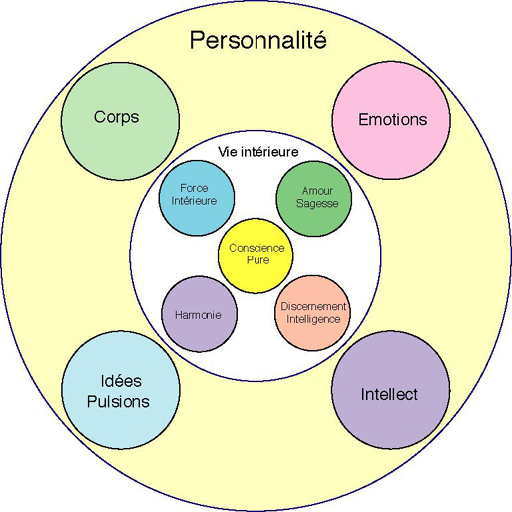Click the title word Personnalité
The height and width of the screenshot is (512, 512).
point(258,40)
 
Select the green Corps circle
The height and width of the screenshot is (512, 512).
point(120,122)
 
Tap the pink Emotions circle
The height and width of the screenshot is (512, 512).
point(391,120)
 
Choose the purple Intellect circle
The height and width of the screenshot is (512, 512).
point(391,390)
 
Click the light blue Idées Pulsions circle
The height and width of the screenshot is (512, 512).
point(121,390)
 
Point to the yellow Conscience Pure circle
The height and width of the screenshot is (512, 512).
point(256,256)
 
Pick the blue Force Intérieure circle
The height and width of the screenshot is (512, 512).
point(197,198)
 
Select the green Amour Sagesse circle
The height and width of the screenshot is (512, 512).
point(314,199)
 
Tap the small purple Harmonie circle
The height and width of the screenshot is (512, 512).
point(200,314)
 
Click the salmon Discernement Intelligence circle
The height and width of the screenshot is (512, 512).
point(312,313)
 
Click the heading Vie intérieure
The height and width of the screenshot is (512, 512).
point(258,152)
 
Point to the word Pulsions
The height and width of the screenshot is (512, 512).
point(118,402)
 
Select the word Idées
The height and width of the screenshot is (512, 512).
point(121,381)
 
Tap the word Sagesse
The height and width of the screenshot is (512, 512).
point(317,203)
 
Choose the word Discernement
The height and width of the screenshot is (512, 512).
point(313,306)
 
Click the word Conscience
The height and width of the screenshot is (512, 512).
point(256,248)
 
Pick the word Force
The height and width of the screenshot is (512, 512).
point(194,188)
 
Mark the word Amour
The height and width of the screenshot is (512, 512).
point(317,191)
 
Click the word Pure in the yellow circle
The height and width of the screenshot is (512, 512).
point(258,260)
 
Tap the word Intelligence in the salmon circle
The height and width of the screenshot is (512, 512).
point(313,319)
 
